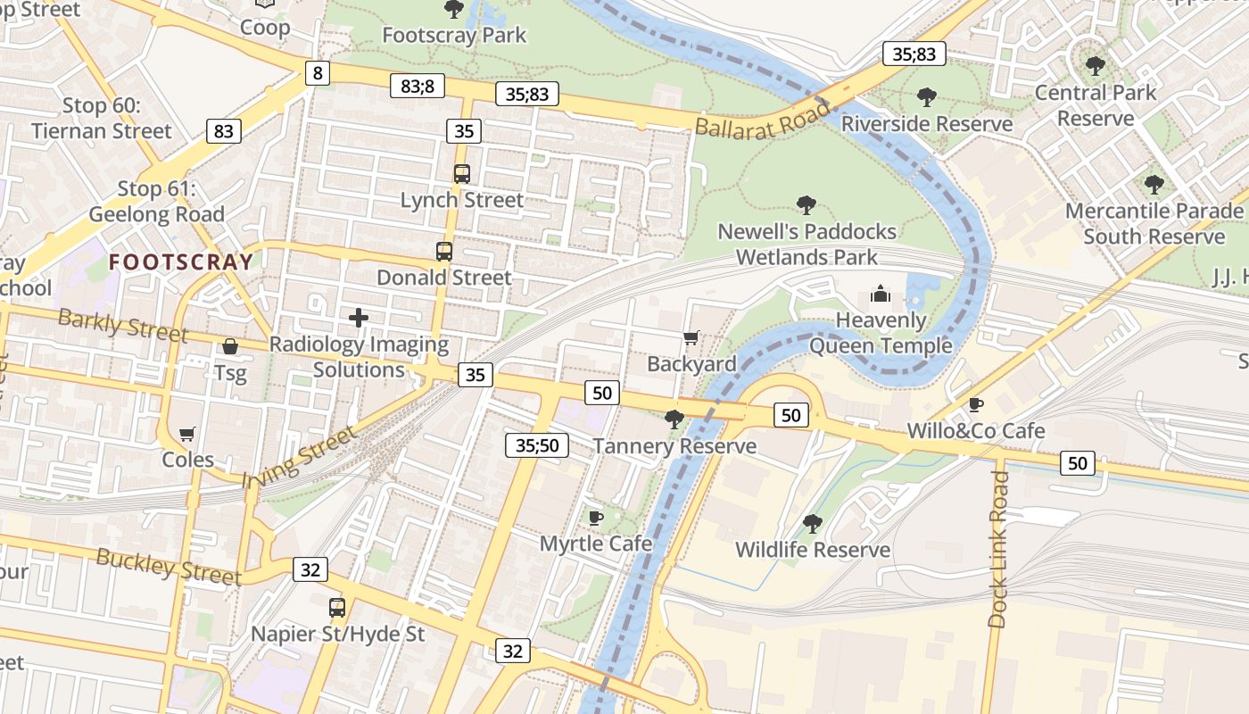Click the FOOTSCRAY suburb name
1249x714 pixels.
(x=181, y=262)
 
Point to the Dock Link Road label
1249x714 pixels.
(x=998, y=549)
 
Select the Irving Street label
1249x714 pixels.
(x=298, y=457)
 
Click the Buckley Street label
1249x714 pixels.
(x=169, y=567)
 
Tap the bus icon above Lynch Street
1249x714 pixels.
(x=461, y=174)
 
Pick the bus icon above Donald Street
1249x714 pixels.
(x=443, y=252)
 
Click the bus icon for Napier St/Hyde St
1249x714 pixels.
(x=336, y=608)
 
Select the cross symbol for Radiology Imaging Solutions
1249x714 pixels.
(x=359, y=318)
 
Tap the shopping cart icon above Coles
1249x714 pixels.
(x=187, y=434)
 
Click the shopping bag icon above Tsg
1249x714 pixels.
(x=230, y=346)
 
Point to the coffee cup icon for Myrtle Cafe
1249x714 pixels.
(x=595, y=518)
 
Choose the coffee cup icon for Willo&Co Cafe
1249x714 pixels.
(x=976, y=404)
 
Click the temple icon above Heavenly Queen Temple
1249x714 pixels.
(x=881, y=294)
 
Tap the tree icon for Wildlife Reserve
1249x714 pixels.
(x=812, y=523)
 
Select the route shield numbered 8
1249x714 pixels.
(x=317, y=72)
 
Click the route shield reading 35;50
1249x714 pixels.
(x=537, y=445)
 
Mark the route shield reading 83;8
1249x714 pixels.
(x=417, y=86)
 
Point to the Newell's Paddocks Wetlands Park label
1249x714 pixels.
(x=806, y=245)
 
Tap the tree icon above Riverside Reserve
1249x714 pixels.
(x=927, y=97)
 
